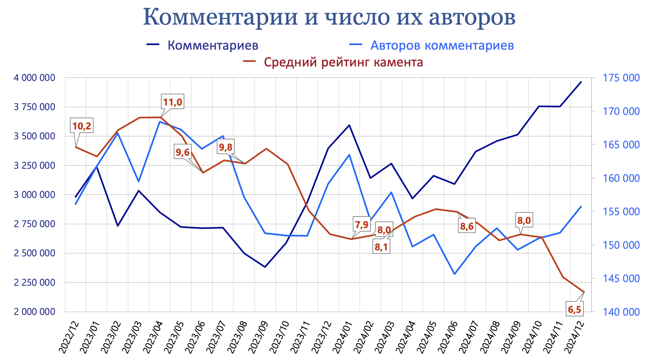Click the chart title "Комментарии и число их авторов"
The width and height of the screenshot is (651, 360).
click(x=329, y=17)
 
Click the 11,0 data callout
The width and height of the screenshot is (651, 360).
click(x=172, y=102)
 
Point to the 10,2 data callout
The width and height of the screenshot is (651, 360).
click(x=82, y=126)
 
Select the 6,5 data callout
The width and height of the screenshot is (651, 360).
click(x=574, y=309)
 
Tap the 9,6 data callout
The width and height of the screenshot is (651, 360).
click(x=182, y=152)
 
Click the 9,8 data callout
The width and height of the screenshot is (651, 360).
click(x=226, y=147)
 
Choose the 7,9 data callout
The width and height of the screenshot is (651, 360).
click(x=362, y=225)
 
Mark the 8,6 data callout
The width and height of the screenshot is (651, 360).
click(x=467, y=226)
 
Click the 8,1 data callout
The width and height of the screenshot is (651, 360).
click(x=381, y=247)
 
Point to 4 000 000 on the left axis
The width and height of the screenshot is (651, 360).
click(x=34, y=78)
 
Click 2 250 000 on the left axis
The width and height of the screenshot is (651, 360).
click(x=34, y=282)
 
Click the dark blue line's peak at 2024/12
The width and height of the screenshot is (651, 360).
click(x=581, y=82)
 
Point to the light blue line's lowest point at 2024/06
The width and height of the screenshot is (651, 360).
click(x=455, y=274)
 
